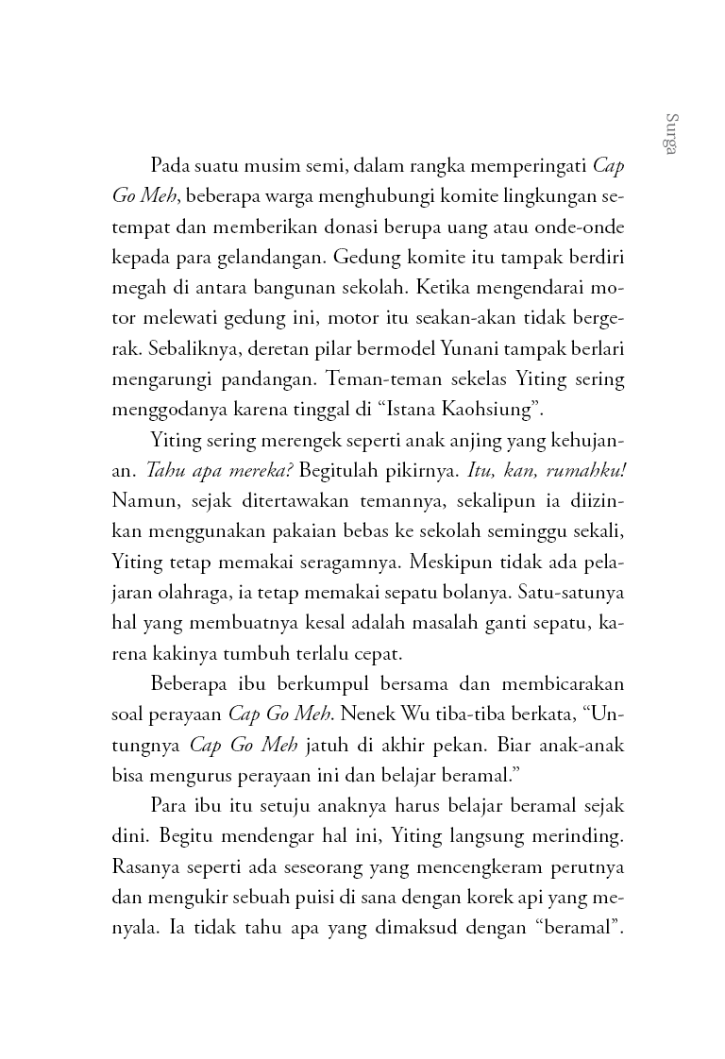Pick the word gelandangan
pos(263,258)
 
